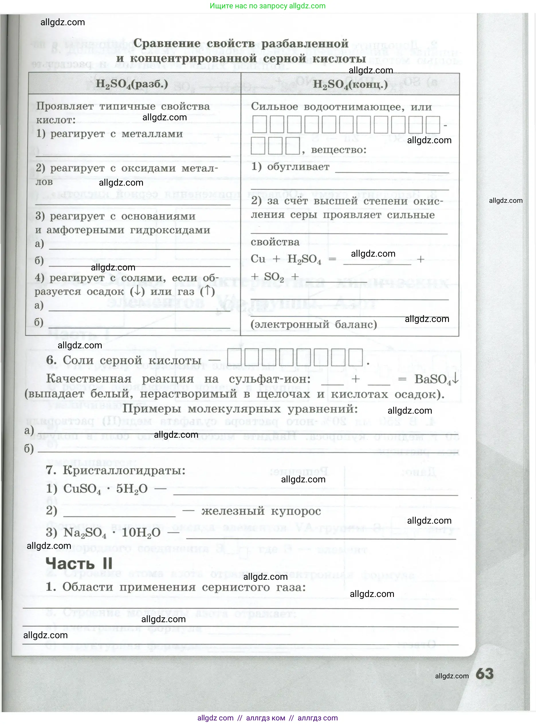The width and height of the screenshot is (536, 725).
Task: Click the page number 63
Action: click(x=484, y=674)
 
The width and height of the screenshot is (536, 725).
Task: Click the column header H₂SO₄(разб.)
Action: click(x=132, y=84)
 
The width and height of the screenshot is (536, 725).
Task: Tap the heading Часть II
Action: click(x=79, y=563)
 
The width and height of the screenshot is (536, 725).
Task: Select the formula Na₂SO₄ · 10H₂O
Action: click(x=112, y=533)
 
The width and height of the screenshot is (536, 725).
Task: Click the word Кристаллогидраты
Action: click(x=124, y=470)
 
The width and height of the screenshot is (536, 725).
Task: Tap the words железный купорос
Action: click(x=261, y=511)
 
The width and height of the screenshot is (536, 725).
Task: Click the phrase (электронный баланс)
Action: click(x=314, y=324)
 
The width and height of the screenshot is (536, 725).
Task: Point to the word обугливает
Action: click(x=298, y=167)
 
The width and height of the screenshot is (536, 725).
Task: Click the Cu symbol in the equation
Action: click(x=258, y=259)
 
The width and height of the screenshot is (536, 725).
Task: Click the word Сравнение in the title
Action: click(x=167, y=44)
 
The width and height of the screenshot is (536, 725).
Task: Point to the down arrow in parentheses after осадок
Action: click(x=137, y=291)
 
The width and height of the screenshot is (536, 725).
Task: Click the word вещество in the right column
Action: click(x=338, y=150)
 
